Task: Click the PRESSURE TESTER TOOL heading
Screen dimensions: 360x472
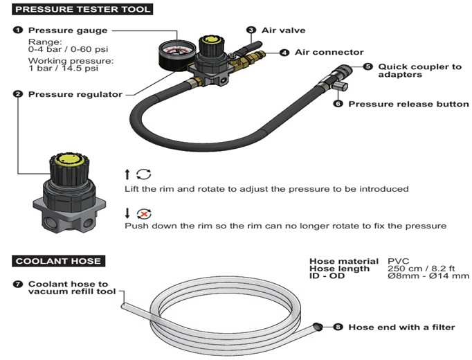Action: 82,10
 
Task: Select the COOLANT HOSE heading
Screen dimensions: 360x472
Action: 59,261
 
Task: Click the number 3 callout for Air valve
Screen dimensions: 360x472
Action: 252,30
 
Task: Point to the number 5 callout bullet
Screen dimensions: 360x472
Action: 367,66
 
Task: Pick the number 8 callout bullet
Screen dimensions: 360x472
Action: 338,326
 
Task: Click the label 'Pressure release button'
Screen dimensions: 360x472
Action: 408,105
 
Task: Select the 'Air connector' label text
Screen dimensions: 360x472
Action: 329,52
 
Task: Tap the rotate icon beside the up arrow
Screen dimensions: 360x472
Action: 144,174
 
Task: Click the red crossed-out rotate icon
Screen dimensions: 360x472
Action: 144,213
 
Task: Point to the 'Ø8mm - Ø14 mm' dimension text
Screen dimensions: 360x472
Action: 428,276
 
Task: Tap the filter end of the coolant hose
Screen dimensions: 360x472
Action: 317,325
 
